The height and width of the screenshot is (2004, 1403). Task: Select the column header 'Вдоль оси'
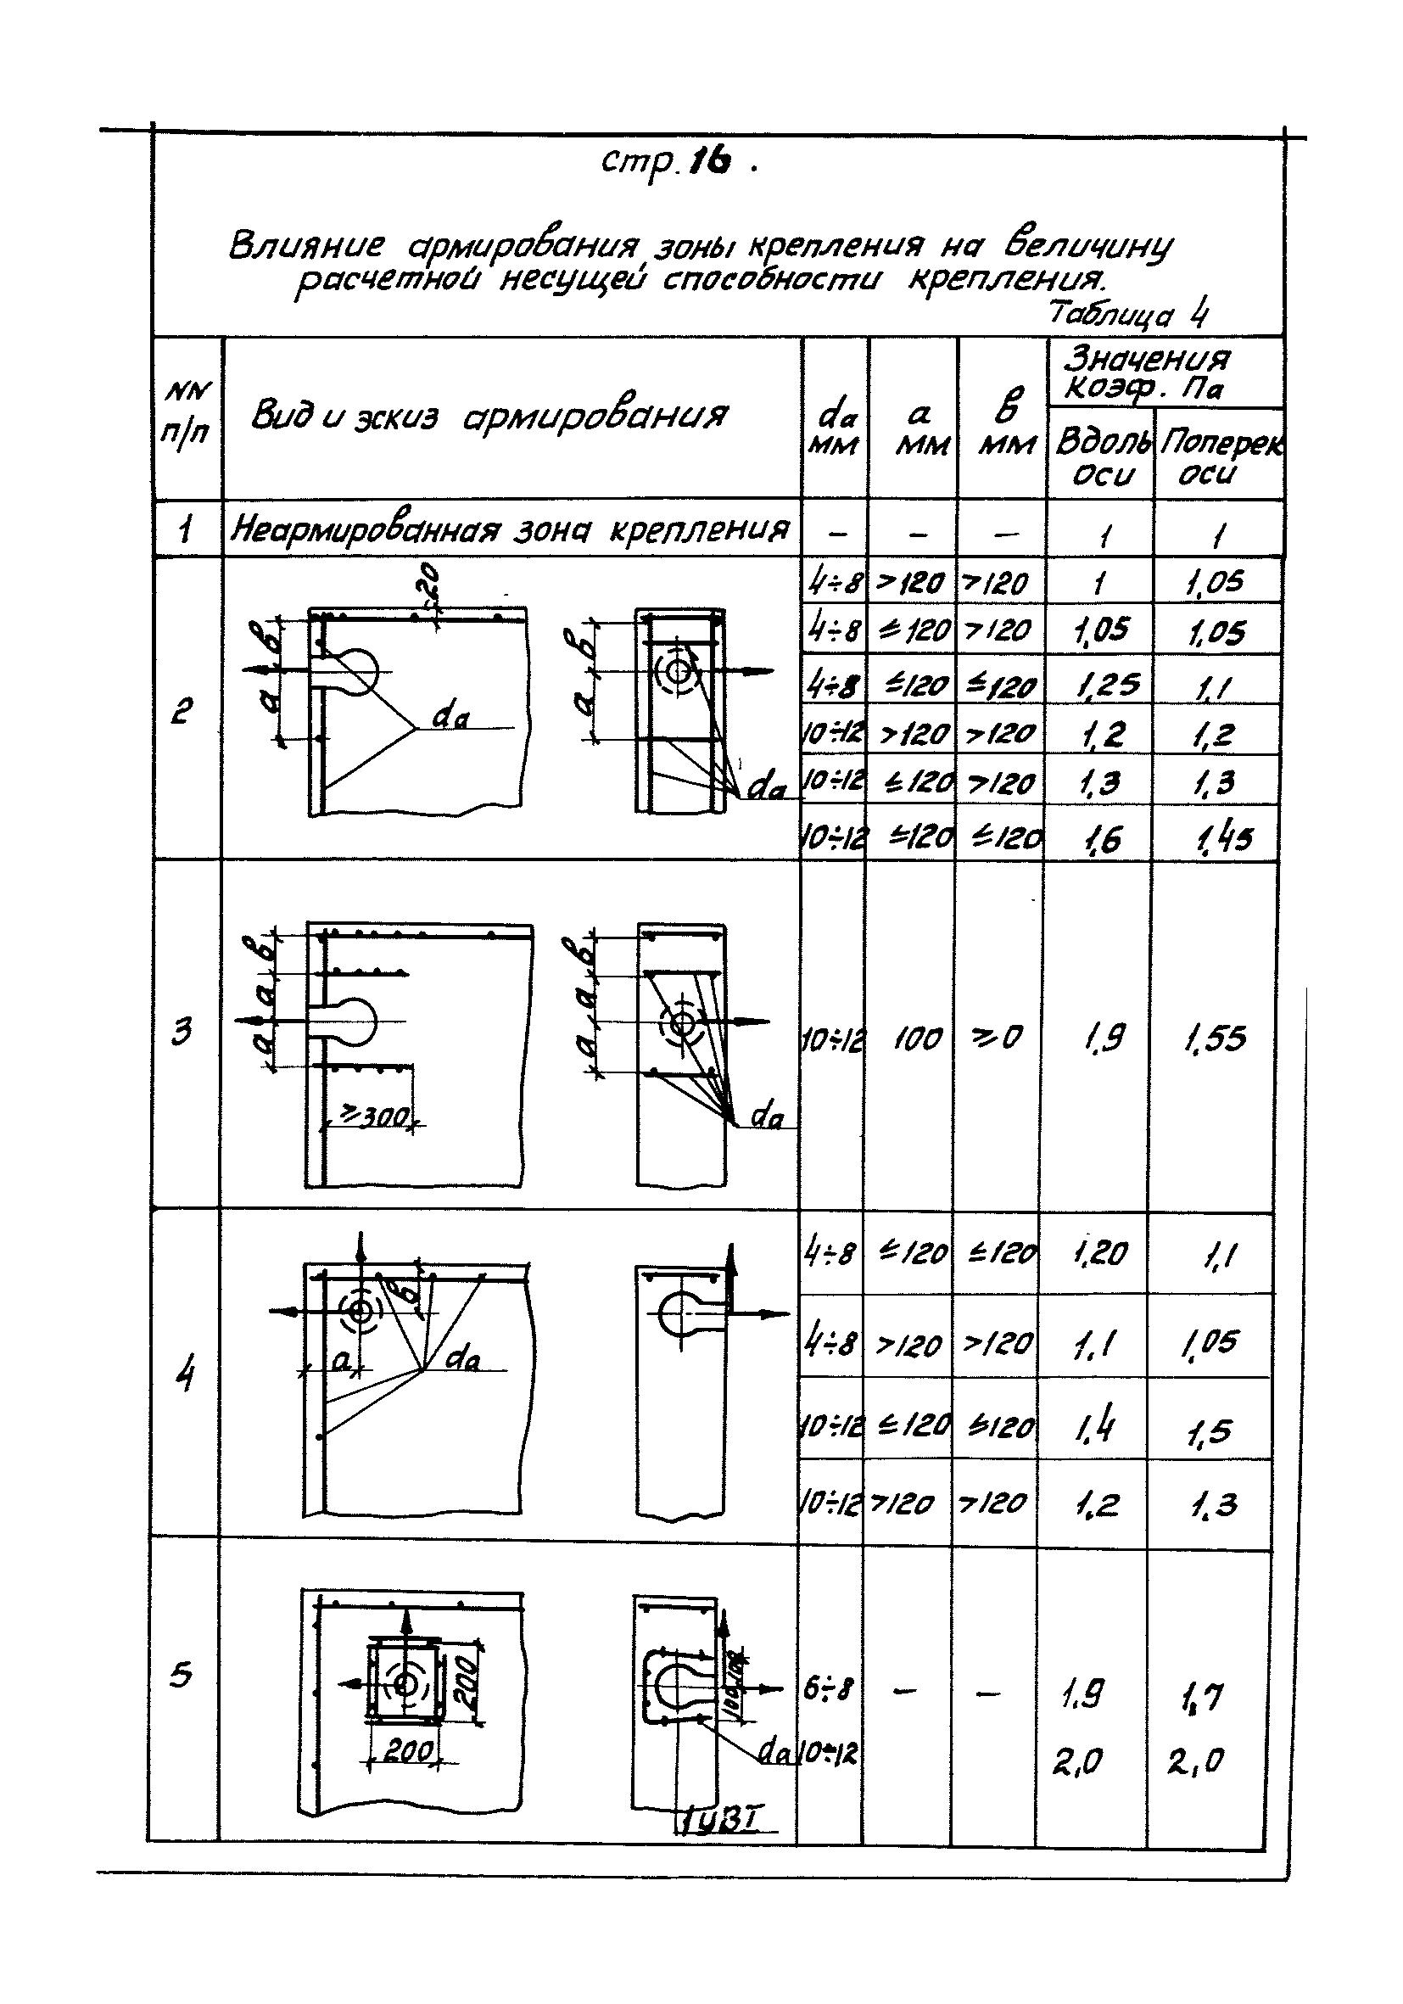pos(1101,457)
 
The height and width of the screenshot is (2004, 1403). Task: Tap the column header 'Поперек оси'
pos(1219,457)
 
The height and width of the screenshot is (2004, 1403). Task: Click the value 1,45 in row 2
pos(1218,839)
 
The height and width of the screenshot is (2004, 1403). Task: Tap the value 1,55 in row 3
pos(1215,1038)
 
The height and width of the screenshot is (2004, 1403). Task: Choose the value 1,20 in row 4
pos(1100,1254)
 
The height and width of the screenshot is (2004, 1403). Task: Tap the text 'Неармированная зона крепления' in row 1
pos(510,529)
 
